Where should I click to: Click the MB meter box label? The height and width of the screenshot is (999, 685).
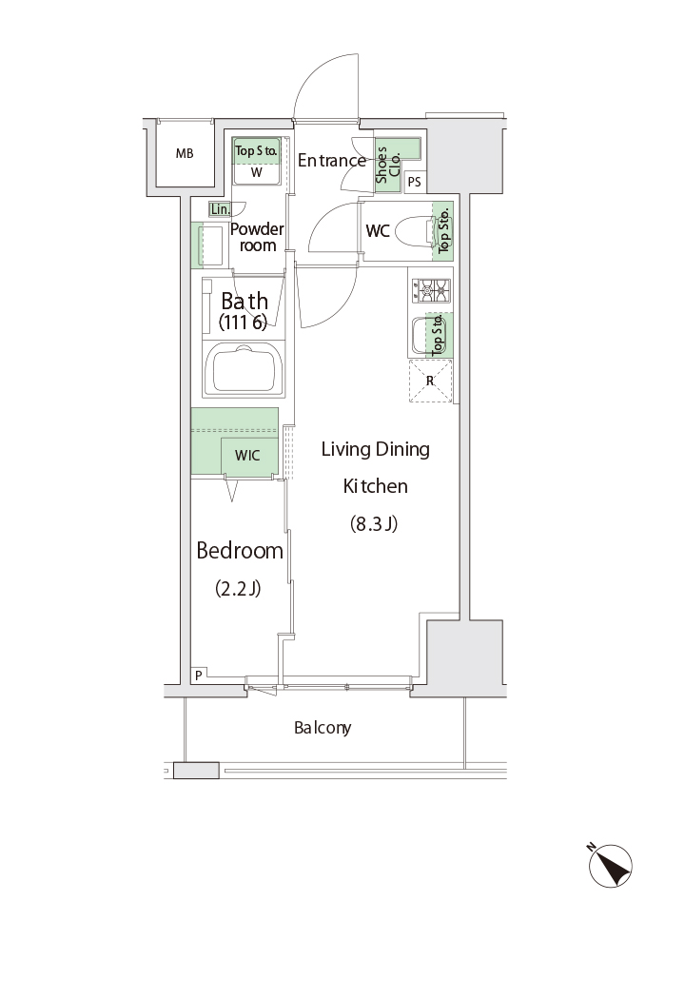point(185,153)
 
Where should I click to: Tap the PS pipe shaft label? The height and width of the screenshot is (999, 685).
point(414,182)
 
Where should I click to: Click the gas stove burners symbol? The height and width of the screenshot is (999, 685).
point(431,290)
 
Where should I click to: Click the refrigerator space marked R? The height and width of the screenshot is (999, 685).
point(430,381)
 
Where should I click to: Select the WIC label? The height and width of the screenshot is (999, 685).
point(247,456)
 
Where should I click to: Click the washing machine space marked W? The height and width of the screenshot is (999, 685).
point(256,172)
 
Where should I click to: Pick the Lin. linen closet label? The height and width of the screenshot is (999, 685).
point(220,209)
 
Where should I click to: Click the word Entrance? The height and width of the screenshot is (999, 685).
point(332,161)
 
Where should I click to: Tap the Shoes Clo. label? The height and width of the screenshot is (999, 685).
point(387,165)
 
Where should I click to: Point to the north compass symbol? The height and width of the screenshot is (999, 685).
point(610,865)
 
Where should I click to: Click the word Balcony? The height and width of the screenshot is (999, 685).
point(323,728)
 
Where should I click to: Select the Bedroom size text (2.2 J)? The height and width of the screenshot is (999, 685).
point(238,588)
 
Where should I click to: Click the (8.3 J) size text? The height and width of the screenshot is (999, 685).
point(374,523)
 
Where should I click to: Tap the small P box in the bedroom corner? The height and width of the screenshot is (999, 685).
point(198,676)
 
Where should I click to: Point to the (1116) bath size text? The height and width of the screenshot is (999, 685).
point(243,323)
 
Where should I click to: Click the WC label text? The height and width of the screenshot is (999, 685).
point(378,230)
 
